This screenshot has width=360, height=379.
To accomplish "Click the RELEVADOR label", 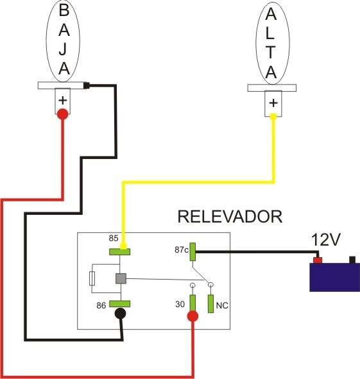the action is coord(230,217).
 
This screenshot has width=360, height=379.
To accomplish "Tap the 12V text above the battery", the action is coord(325,240).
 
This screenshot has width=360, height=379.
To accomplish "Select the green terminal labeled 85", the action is coord(120,252).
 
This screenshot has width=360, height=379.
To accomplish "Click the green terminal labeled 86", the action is coord(120,303).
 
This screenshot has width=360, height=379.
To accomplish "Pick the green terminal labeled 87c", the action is coord(193,251).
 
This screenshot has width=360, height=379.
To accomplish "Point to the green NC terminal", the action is coord(211,304).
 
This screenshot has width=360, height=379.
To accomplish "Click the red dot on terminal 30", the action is coord(193,316).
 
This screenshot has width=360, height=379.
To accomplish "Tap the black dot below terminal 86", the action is coord(120,314).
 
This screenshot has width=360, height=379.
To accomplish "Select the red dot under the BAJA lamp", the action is coord(63,114).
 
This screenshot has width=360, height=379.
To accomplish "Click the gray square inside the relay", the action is coord(121,278).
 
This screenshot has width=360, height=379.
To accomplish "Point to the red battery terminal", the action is coord(318,260).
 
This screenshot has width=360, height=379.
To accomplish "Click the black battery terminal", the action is coord(352,260).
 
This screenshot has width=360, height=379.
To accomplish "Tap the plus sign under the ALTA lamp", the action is coord(273,103).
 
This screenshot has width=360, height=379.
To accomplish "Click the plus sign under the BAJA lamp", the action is coord(63,100).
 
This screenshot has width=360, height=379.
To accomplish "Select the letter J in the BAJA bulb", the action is coord(64,49).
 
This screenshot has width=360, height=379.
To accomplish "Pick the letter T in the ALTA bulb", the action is coord(271,52).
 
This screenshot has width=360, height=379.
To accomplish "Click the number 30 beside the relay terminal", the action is coord(180,304).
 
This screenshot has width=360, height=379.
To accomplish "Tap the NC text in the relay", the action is coord(222,305).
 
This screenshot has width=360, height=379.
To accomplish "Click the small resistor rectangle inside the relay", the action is coord(92,278).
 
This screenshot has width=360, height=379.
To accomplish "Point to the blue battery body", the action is coord(335,277).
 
